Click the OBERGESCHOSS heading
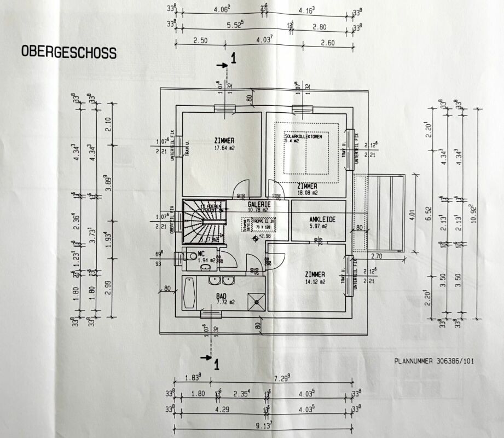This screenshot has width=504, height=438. point(68,53)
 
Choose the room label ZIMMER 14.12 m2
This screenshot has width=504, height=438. point(316,278)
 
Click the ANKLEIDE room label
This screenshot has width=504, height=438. point(318,222)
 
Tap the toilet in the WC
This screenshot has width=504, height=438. point(190,256)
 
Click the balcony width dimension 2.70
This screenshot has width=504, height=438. point(378,256)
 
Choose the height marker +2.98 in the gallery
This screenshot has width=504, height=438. point(257,237)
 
